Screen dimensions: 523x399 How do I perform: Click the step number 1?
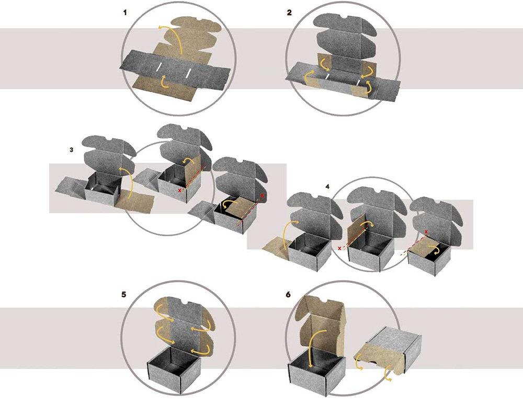(125, 13)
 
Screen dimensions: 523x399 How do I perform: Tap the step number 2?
(289, 13)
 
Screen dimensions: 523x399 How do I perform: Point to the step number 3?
(71, 150)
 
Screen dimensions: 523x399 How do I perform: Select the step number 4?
(327, 186)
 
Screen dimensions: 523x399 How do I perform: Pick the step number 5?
(124, 295)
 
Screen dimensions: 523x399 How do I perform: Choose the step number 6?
(288, 295)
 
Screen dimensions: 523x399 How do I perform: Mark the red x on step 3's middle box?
(180, 190)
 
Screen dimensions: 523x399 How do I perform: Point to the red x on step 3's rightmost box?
(262, 195)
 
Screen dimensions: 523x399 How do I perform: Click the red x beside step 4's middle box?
(339, 248)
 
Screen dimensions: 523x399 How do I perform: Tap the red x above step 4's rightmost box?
(426, 231)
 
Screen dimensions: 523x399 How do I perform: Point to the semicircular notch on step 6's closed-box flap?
(375, 363)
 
